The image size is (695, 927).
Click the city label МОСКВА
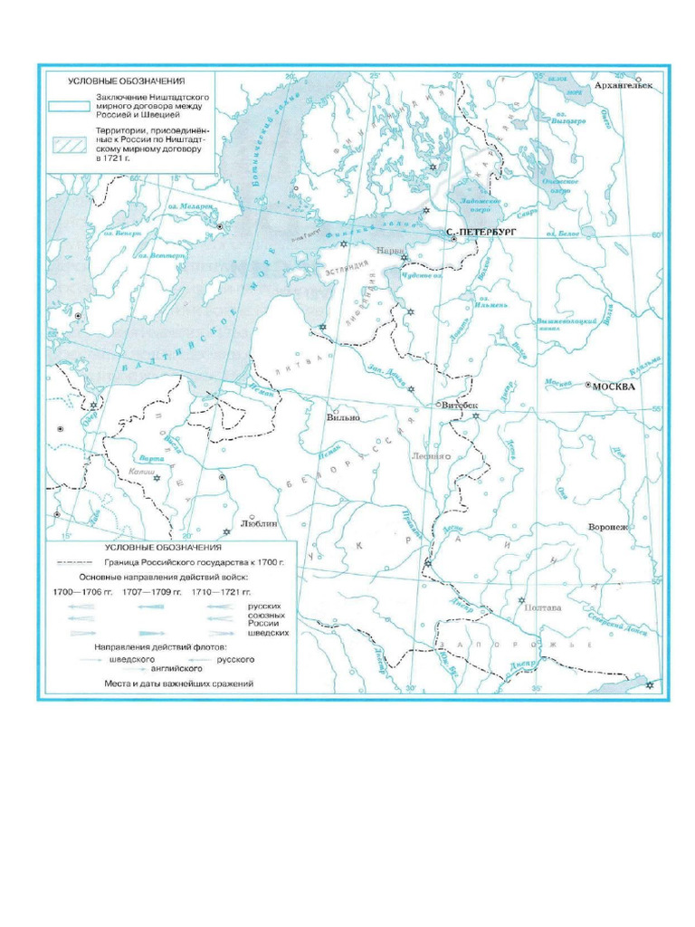616,386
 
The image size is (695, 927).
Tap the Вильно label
343,418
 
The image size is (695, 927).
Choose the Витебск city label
460,406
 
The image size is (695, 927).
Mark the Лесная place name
427,456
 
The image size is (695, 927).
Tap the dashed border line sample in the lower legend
76,562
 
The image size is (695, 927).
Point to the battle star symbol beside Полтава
521,600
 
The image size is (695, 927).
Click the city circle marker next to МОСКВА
588,386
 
